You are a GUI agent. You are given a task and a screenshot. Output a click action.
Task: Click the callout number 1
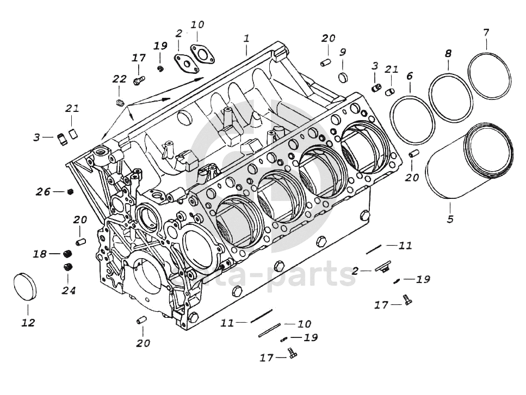pyautogui.click(x=246, y=39)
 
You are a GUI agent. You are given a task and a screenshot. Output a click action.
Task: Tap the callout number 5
pyautogui.click(x=450, y=220)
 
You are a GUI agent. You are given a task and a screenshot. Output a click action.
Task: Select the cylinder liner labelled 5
pyautogui.click(x=468, y=164)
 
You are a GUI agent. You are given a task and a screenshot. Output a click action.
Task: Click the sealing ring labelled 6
pyautogui.click(x=412, y=119)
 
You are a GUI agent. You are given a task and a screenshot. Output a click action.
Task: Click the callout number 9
pyautogui.click(x=343, y=53)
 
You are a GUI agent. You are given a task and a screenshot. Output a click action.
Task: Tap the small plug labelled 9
pyautogui.click(x=343, y=77)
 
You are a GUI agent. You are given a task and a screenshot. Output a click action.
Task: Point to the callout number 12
pyautogui.click(x=28, y=323)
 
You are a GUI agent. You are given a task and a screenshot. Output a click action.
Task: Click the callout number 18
pyautogui.click(x=40, y=254)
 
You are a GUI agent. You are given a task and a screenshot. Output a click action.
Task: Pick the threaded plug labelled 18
pyautogui.click(x=68, y=254)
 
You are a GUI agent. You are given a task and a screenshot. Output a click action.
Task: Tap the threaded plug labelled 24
pyautogui.click(x=69, y=266)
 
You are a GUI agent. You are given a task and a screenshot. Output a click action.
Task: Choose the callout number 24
pyautogui.click(x=67, y=290)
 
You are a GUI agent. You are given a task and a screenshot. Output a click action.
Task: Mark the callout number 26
pyautogui.click(x=43, y=191)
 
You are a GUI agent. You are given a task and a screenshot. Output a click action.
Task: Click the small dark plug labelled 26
pyautogui.click(x=70, y=191)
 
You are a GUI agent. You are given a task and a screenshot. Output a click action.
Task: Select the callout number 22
pyautogui.click(x=120, y=79)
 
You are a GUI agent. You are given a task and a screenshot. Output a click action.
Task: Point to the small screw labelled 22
pyautogui.click(x=121, y=103)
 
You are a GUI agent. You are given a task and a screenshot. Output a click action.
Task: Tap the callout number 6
pyautogui.click(x=409, y=76)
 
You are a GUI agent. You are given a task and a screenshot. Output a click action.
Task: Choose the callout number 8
pyautogui.click(x=448, y=54)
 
